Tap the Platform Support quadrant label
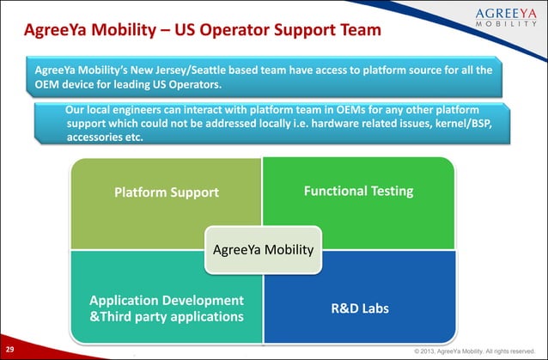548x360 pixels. click(167, 192)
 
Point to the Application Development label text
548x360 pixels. click(167, 300)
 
